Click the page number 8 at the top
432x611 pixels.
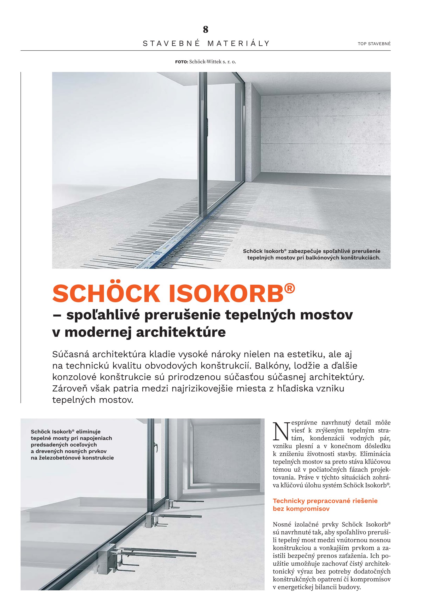205,30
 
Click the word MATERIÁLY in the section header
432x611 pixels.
238,43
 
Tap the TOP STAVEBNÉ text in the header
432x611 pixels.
374,44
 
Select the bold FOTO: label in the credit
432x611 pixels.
182,62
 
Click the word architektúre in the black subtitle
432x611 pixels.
181,332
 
